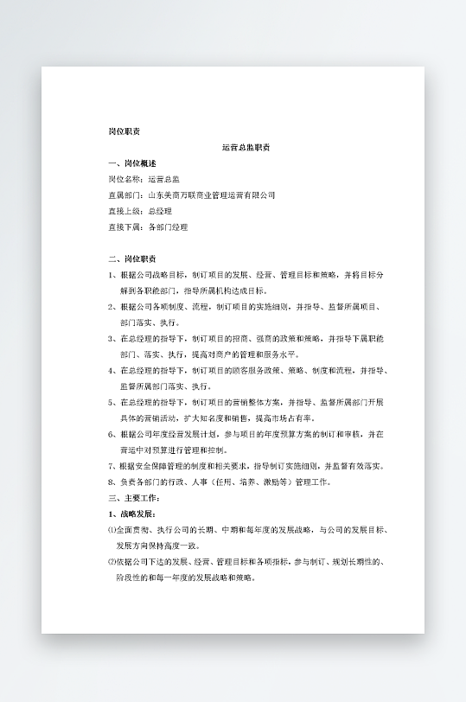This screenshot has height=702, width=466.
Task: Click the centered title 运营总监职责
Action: point(246,148)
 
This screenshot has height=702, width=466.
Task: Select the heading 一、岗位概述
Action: point(132,163)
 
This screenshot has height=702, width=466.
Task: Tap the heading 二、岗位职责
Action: point(132,258)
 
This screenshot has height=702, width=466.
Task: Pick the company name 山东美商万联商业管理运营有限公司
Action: point(212,195)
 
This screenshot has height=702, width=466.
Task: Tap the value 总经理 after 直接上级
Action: point(160,211)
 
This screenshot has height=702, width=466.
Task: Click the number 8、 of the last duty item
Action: point(112,482)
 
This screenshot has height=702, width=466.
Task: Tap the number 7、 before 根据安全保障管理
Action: point(112,466)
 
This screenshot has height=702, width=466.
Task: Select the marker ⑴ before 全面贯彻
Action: point(112,530)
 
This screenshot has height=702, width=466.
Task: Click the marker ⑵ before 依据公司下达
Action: point(112,562)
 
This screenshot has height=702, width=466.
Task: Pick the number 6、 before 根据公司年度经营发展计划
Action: point(112,434)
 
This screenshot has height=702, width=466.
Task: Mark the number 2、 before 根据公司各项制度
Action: point(112,307)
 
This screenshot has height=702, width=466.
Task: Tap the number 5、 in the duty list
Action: point(112,403)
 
